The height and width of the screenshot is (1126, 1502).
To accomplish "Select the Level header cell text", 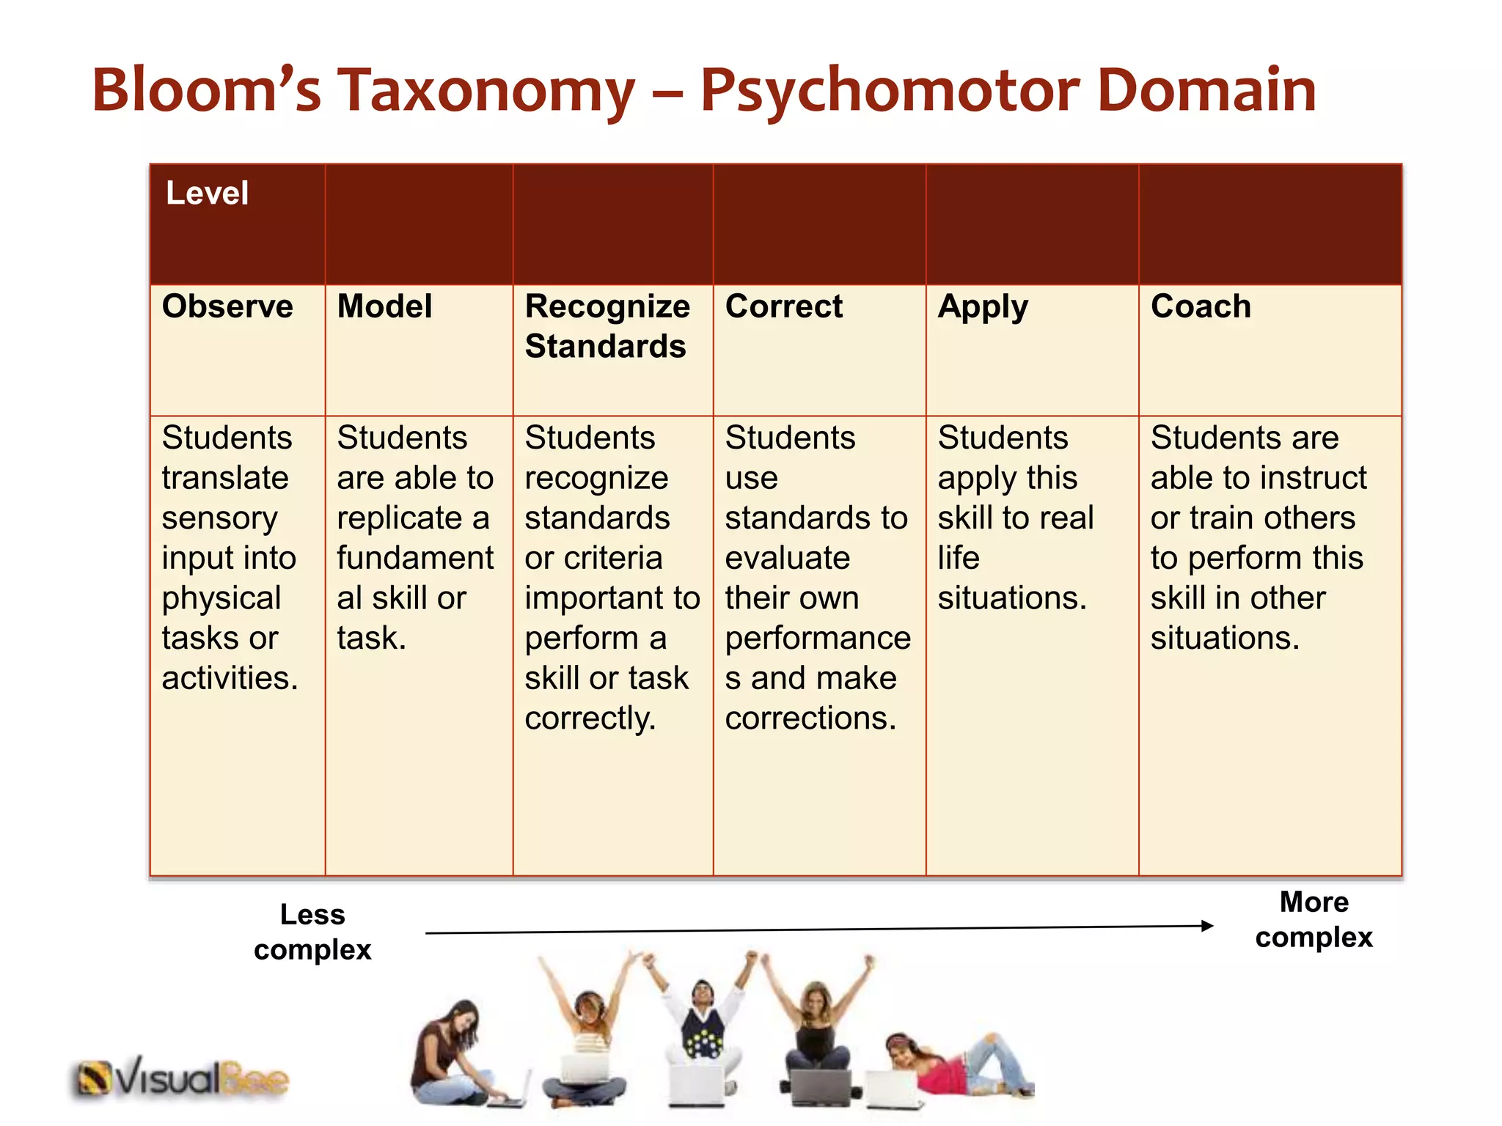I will point(207,194).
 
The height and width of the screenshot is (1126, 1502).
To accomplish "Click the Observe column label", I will point(227,306).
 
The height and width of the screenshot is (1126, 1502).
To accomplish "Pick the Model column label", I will point(384,306).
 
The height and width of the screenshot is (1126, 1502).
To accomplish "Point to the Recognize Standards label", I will point(607,326).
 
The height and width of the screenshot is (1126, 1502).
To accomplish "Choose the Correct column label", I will point(783,306).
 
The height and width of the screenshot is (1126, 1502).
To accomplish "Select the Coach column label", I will point(1201,306).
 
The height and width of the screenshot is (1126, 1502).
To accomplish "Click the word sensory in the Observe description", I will point(219,519).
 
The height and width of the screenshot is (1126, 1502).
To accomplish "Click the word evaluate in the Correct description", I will point(787,559).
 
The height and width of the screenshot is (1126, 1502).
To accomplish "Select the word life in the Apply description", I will point(959,559).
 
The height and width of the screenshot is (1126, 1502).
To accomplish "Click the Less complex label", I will point(312,932).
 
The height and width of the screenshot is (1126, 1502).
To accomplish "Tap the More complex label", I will point(1314,919).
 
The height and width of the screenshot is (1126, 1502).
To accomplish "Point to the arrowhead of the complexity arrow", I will point(1206,926).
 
